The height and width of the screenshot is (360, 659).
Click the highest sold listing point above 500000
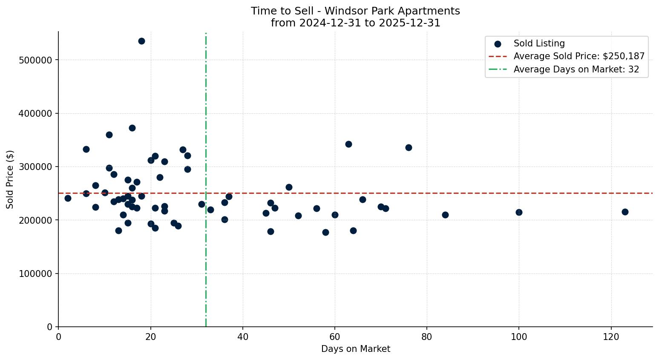coord(141,41)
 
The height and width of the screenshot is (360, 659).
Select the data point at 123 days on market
coord(625,212)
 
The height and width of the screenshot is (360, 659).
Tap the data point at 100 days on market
coord(519,212)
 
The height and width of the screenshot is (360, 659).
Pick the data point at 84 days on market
coord(445,215)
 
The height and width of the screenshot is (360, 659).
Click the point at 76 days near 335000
coord(409,147)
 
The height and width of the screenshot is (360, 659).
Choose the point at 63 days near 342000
coord(348,144)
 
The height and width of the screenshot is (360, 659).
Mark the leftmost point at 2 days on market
coord(68,198)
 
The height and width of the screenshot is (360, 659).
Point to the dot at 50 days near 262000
coord(289,187)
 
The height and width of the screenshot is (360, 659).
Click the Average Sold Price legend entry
coord(578,56)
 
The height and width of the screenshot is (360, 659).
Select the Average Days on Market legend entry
coord(576,69)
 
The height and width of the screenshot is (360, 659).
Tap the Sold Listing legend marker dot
coord(498,44)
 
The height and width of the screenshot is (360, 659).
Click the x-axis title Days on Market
coord(355,349)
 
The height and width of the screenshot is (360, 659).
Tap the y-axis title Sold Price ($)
coord(10,179)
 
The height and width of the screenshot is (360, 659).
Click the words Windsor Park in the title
coord(351,11)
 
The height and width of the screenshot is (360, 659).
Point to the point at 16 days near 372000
coord(132,128)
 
